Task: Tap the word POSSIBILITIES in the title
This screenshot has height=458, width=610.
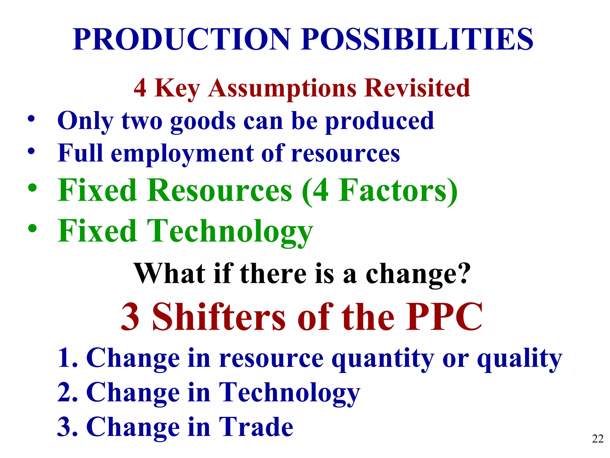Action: [x=417, y=39]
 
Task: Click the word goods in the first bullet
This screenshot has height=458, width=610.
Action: [x=203, y=121]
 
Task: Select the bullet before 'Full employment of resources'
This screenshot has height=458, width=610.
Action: [x=31, y=151]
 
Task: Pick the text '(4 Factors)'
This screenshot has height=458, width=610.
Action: [x=379, y=191]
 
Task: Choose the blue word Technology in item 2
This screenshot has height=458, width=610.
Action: [x=289, y=393]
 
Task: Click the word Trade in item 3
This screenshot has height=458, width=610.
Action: [x=256, y=427]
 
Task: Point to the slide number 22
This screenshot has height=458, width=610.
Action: [x=597, y=439]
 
